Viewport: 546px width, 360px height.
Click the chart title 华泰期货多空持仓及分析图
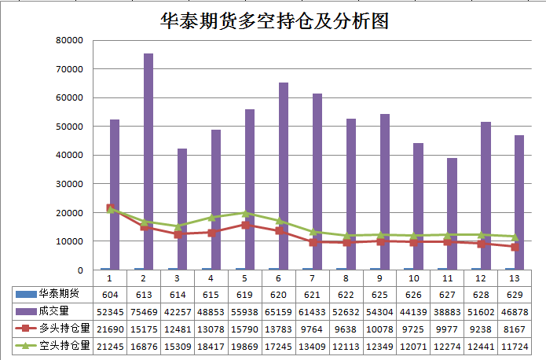click(274, 20)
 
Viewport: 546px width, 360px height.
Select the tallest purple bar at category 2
click(148, 161)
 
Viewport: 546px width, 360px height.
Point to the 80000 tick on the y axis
click(70, 40)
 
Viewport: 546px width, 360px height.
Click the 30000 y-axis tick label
click(70, 184)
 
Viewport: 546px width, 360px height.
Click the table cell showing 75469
click(144, 310)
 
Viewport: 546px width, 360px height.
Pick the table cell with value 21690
click(109, 328)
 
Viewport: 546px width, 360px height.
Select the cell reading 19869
click(245, 345)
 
